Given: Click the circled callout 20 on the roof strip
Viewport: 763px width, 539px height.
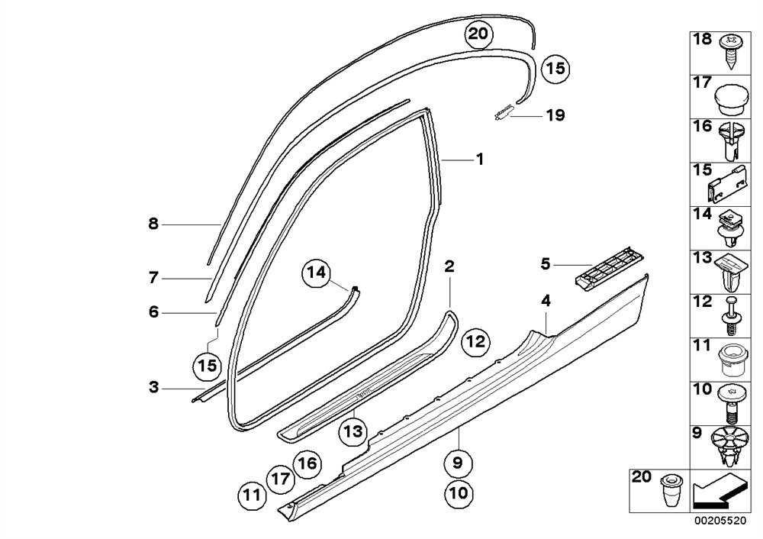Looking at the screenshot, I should click(478, 34).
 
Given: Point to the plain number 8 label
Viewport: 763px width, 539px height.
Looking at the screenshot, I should click(153, 224).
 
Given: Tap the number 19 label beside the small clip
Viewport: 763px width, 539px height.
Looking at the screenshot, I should click(555, 116).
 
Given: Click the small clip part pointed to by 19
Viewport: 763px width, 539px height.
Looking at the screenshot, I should click(501, 115).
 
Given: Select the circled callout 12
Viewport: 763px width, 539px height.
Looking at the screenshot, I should click(475, 344).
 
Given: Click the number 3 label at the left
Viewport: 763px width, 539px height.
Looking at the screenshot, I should click(153, 388).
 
